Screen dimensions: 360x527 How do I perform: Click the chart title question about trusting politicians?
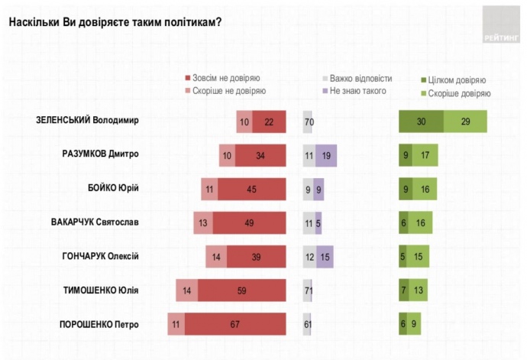pyautogui.click(x=115, y=21)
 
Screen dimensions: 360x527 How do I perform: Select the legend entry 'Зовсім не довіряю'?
pyautogui.click(x=222, y=78)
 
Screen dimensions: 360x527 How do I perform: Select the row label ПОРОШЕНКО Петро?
pyautogui.click(x=99, y=324)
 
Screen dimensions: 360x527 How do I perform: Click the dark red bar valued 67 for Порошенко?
pyautogui.click(x=235, y=324)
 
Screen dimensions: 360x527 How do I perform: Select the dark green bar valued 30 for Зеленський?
pyautogui.click(x=421, y=122)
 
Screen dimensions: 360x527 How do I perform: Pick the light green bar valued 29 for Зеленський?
pyautogui.click(x=465, y=122)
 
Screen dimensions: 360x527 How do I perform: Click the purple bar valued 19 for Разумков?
pyautogui.click(x=326, y=155)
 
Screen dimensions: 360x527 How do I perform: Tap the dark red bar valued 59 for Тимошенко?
pyautogui.click(x=242, y=290)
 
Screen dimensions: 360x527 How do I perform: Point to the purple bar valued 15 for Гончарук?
pyautogui.click(x=325, y=257)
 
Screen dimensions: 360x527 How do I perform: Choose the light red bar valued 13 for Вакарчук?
pyautogui.click(x=203, y=222)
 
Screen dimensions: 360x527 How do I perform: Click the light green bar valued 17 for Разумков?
pyautogui.click(x=425, y=155)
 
